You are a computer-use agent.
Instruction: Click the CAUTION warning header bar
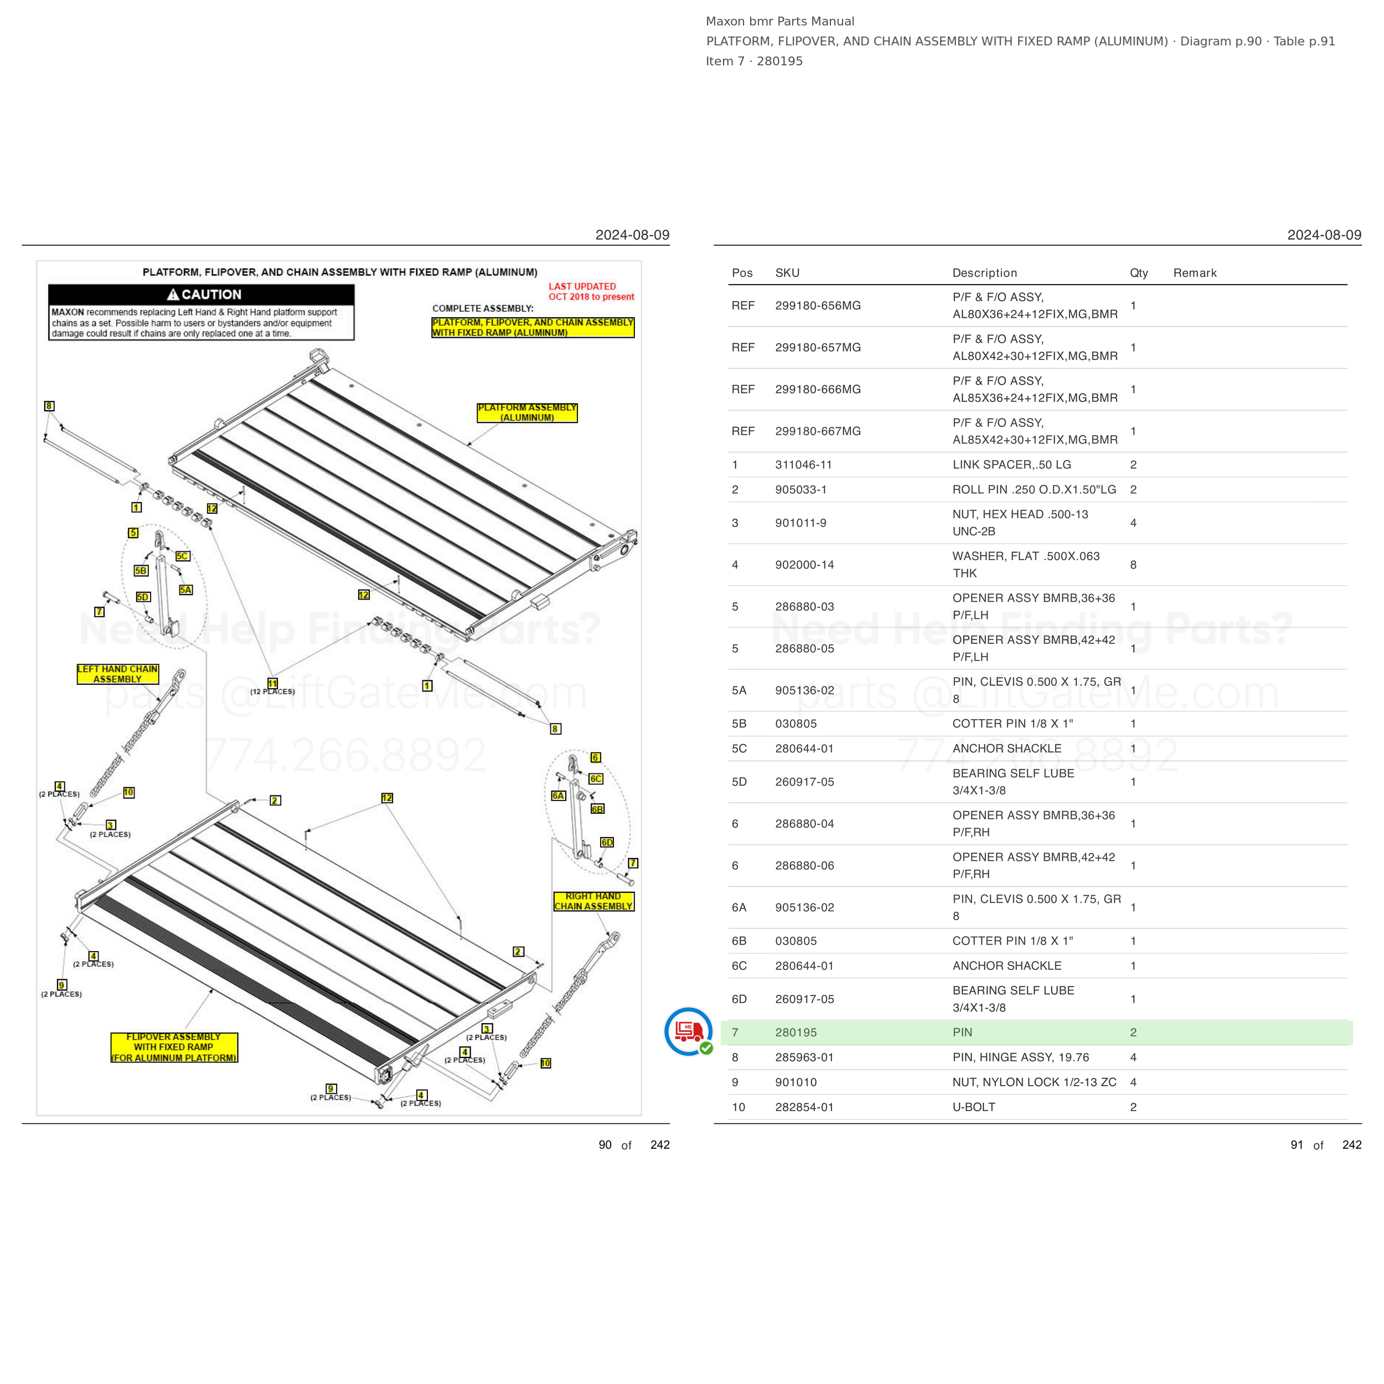(202, 295)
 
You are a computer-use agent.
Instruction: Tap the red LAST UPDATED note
(591, 292)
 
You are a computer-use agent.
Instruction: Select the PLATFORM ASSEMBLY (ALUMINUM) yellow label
(527, 412)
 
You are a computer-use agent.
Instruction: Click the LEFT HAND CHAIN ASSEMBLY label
(117, 674)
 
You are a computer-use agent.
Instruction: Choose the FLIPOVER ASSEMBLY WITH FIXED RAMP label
(174, 1047)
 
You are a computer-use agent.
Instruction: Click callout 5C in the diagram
(183, 556)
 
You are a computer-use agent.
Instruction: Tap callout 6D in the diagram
(607, 843)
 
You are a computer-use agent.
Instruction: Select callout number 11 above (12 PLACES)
(272, 683)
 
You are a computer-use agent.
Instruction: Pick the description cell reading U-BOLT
(974, 1107)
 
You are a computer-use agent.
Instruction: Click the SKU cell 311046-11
(803, 465)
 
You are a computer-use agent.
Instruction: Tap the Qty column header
(1139, 273)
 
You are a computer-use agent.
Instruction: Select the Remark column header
(1195, 273)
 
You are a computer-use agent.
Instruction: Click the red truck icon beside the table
(689, 1031)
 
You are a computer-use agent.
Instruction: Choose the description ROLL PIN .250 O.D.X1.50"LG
(1034, 490)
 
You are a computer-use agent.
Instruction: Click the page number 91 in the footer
(1297, 1145)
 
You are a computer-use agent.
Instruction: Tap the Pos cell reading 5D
(739, 782)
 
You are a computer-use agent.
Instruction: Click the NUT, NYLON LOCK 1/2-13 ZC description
(1034, 1082)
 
